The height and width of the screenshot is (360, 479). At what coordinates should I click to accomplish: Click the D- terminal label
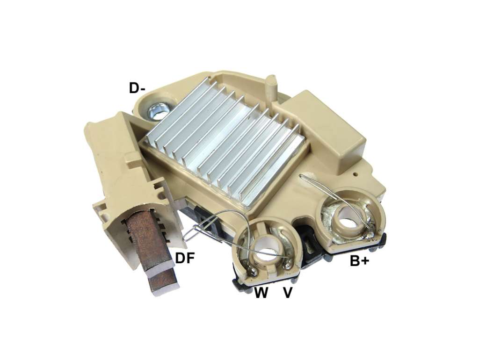[137, 88]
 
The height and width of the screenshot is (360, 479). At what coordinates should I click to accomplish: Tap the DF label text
[185, 259]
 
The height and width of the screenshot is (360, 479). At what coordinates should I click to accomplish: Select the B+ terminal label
[360, 261]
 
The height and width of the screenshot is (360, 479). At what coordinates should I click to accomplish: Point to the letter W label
[261, 293]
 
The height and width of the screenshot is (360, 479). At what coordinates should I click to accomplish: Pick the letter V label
[288, 293]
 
